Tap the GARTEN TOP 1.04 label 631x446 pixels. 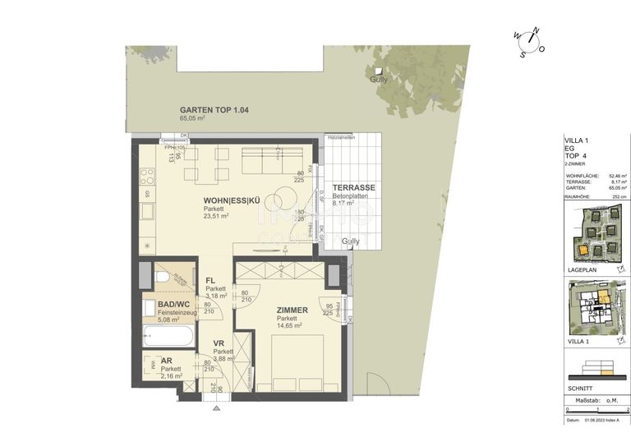click(x=214, y=110)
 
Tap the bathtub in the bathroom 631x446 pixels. click(x=168, y=336)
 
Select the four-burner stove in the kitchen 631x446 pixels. click(x=148, y=176)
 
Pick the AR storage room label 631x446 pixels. click(x=167, y=361)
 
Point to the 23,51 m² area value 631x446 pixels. click(x=217, y=216)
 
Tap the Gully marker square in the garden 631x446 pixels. click(x=378, y=71)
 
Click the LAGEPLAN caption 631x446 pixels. click(x=581, y=268)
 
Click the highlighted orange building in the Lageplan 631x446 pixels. click(x=582, y=248)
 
